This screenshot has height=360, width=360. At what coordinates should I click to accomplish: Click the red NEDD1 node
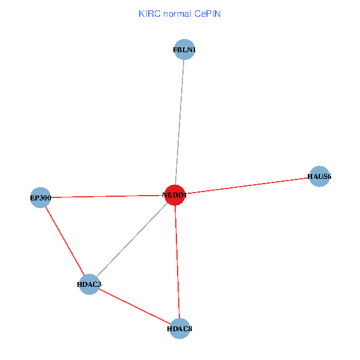point(175,195)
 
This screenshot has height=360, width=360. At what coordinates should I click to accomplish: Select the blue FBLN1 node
point(184,50)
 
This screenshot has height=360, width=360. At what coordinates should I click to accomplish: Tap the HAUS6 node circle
point(319,176)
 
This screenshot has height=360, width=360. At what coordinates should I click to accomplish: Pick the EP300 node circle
point(40,197)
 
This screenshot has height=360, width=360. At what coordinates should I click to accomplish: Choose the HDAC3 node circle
point(89,284)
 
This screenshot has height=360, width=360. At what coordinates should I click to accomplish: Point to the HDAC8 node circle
point(179,328)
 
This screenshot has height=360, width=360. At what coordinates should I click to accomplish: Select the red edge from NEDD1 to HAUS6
point(247,185)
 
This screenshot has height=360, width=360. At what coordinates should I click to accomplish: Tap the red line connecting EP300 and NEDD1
point(107,196)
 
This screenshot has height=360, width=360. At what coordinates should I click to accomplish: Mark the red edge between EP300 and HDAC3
point(64,240)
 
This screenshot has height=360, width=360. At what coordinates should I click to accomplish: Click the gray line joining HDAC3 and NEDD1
point(132,239)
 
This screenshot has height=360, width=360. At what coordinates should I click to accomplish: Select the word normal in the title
point(176,13)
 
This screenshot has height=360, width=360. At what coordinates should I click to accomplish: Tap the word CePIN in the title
point(208,13)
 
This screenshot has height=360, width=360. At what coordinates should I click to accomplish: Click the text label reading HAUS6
point(319,176)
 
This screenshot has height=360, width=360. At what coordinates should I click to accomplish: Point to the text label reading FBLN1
point(184,50)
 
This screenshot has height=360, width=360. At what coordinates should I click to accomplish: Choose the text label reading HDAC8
point(179,329)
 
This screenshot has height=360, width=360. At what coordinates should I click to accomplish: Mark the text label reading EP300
point(40,197)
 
